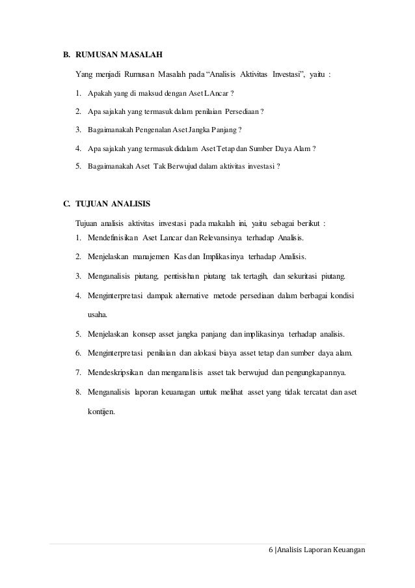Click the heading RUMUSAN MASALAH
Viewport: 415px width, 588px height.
pos(119,55)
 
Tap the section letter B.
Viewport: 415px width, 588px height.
pos(66,55)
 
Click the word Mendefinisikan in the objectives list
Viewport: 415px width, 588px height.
pos(113,237)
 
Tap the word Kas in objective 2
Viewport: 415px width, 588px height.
pos(180,256)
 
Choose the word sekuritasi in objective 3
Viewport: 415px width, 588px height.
pos(305,275)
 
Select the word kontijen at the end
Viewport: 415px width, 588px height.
pos(101,412)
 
